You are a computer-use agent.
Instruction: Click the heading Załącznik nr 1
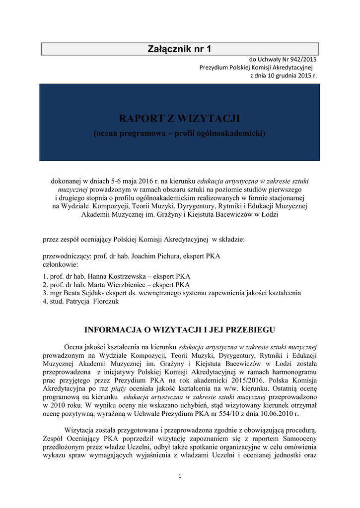(179, 49)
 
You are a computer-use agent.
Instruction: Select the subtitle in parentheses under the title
(179, 134)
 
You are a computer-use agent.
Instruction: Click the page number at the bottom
(180, 477)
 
